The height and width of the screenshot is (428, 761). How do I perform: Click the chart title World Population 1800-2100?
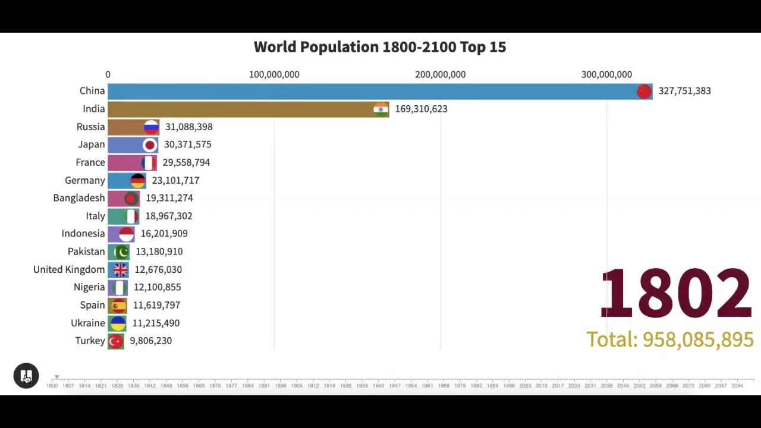pyautogui.click(x=379, y=47)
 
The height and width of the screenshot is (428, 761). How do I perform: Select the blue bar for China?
pyautogui.click(x=369, y=91)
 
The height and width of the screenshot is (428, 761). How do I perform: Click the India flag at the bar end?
pyautogui.click(x=380, y=109)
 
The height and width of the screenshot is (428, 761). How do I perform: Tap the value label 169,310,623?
pyautogui.click(x=421, y=109)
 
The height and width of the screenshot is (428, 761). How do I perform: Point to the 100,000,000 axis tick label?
pyautogui.click(x=274, y=74)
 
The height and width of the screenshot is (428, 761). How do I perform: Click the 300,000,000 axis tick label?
pyautogui.click(x=606, y=74)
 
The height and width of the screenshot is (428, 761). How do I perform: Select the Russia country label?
pyautogui.click(x=90, y=127)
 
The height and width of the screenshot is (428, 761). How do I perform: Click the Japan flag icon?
pyautogui.click(x=150, y=144)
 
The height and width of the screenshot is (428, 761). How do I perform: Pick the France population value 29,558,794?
pyautogui.click(x=186, y=162)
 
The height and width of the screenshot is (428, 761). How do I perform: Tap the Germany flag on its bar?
pyautogui.click(x=137, y=180)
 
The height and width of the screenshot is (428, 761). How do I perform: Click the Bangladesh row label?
pyautogui.click(x=78, y=198)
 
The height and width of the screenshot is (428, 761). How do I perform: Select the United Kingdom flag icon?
pyautogui.click(x=120, y=269)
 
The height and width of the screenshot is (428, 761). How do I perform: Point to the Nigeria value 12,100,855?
pyautogui.click(x=157, y=287)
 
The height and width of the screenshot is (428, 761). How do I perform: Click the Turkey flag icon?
pyautogui.click(x=116, y=341)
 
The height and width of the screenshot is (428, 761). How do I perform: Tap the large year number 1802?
pyautogui.click(x=675, y=293)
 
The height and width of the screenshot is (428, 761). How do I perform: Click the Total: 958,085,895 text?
pyautogui.click(x=669, y=339)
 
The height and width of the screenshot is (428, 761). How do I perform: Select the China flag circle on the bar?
pyautogui.click(x=644, y=91)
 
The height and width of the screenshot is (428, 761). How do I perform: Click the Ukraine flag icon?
pyautogui.click(x=118, y=323)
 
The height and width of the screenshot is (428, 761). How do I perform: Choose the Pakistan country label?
pyautogui.click(x=86, y=251)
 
